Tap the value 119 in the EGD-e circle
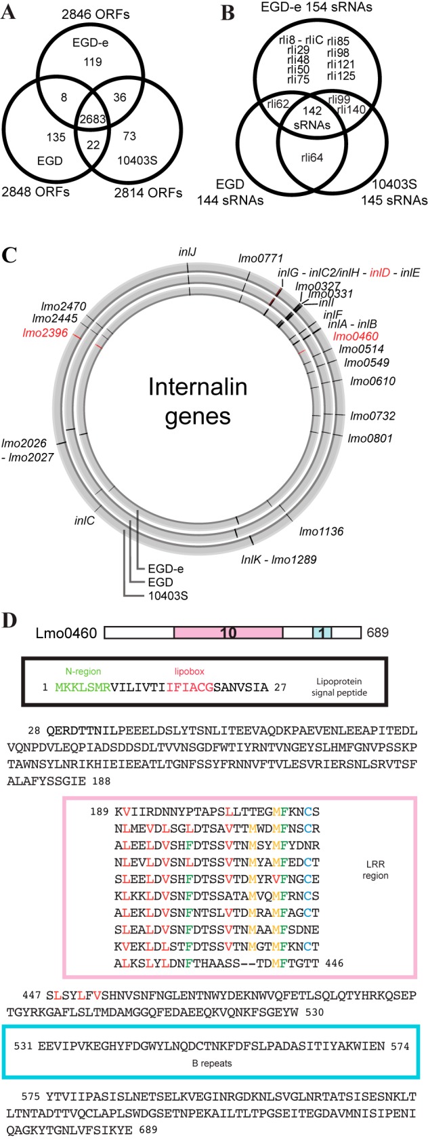[x=93, y=62]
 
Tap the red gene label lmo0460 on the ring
[x=356, y=336]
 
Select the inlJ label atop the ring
[x=188, y=252]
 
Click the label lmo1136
[x=321, y=531]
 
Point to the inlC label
[x=84, y=522]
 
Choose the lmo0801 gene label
[x=370, y=438]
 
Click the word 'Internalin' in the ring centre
[x=198, y=389]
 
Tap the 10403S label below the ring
[x=168, y=596]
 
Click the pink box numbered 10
[x=228, y=633]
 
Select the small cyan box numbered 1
[x=322, y=633]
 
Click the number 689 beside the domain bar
[x=378, y=633]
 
